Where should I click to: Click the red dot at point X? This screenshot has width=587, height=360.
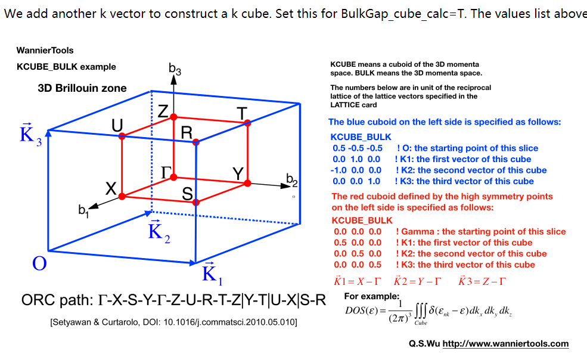point(122,196)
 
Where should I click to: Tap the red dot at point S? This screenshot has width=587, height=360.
point(196,202)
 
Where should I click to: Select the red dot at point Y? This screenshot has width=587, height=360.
point(247,183)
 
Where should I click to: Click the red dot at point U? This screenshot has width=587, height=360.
point(122,136)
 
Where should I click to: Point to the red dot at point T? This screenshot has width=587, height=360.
point(247,123)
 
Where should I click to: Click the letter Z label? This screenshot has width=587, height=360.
point(163,111)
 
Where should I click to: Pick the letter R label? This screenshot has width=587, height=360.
point(187,132)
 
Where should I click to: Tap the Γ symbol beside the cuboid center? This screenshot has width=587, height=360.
point(166,173)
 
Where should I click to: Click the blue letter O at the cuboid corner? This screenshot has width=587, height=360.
point(39,263)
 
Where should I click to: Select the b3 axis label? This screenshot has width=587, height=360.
point(175,69)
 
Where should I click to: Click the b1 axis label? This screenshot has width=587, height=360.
point(83,210)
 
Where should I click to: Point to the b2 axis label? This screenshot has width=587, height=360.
point(291,180)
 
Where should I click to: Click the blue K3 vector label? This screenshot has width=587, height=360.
point(30,134)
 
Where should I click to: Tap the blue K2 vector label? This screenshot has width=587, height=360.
point(159,231)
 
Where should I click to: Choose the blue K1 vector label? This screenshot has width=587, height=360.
point(212,274)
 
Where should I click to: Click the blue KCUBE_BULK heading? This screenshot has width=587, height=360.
point(361,137)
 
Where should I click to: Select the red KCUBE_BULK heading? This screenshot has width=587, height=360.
point(362,221)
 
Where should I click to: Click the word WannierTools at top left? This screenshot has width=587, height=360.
point(45,50)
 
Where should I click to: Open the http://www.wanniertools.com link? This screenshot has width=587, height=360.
point(505,343)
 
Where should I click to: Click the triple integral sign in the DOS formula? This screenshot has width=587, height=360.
point(421,311)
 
